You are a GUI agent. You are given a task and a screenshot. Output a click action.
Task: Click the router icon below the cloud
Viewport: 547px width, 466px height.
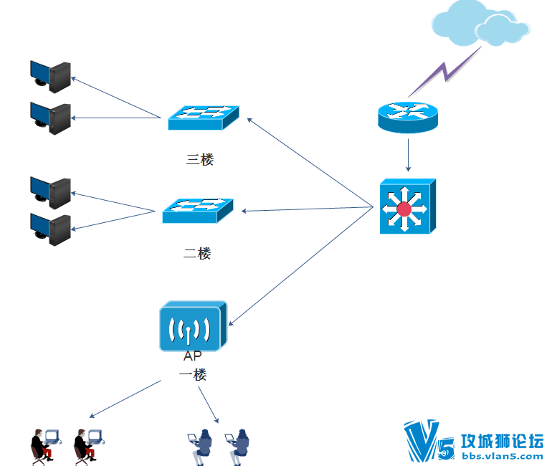pos(408,117)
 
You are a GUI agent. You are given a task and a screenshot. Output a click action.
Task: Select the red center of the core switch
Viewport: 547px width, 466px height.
pos(404,209)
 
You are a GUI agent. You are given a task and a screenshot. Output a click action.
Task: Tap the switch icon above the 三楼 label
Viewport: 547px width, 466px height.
pos(204,118)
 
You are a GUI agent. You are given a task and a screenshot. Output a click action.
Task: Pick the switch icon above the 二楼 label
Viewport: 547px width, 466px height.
pos(198,211)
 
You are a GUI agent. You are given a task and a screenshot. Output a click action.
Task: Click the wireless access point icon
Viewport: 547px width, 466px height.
pos(194,326)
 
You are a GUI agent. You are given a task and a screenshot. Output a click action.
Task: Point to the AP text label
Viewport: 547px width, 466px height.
pos(193,356)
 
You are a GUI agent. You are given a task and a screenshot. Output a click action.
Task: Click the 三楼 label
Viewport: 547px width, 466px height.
pos(200,159)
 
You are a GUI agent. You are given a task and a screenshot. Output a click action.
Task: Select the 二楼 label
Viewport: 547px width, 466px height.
pos(197,254)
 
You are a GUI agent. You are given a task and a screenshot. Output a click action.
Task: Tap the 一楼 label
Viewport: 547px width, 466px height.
pos(193,375)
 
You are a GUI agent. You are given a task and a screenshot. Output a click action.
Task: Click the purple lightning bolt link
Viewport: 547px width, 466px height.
pos(445,72)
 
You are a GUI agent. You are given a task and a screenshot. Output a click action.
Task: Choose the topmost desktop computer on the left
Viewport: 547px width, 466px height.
pos(51,77)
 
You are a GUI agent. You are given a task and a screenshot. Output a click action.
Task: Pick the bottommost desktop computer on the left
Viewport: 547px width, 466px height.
pos(51,229)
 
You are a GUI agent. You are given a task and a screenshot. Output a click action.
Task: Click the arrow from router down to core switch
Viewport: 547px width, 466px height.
pos(408,155)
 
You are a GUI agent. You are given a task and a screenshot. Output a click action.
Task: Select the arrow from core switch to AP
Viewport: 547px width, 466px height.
pos(300,267)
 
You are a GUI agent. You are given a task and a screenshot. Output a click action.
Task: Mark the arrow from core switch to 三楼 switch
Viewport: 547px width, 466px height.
pos(310,163)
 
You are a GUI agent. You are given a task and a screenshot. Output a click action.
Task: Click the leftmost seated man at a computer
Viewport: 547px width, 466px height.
pos(46,447)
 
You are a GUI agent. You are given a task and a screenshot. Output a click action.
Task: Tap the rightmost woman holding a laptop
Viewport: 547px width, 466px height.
pos(237,447)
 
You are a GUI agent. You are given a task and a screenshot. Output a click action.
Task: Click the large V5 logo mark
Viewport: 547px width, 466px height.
pos(429,440)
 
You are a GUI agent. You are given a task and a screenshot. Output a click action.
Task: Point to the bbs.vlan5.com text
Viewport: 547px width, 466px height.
pos(503,456)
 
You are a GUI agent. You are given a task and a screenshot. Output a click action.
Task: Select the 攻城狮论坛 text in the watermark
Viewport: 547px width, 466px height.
pos(503,441)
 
